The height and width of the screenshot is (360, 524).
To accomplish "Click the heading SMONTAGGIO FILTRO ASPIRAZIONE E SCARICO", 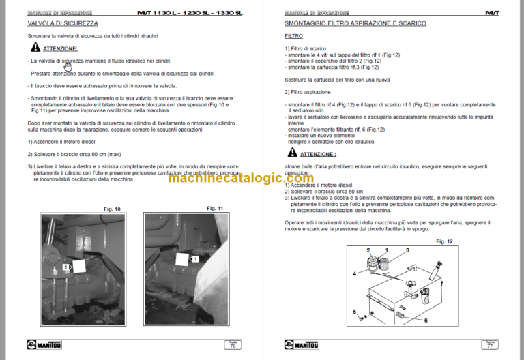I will coord(355,23).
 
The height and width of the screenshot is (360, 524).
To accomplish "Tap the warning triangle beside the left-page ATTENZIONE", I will coord(35,48).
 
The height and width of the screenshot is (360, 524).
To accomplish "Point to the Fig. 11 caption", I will coord(215,208).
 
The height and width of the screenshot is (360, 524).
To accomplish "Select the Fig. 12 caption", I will coord(444,241).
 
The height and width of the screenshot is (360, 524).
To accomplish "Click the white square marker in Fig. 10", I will coord(76,267).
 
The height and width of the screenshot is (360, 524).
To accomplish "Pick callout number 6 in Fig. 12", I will coord(426,320).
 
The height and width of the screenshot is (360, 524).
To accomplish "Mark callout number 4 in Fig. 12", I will coord(354,273).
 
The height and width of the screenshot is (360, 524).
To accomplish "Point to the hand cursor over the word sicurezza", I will coord(68,66).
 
